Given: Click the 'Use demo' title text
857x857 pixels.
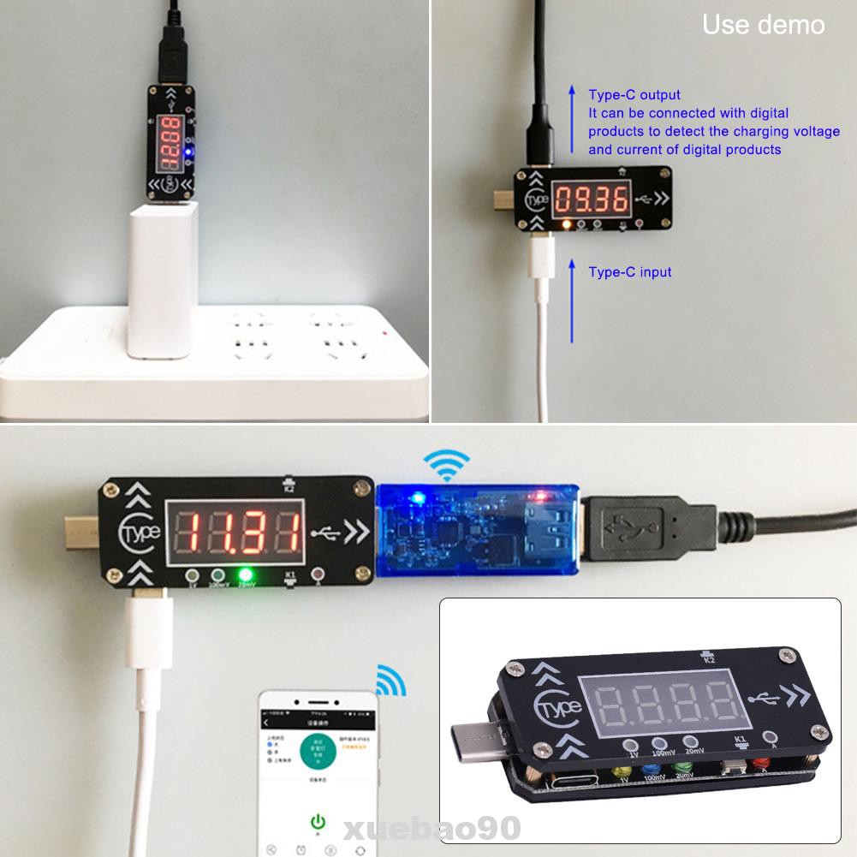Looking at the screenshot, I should pos(763,25).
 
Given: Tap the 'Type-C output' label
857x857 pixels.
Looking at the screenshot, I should pos(634,95).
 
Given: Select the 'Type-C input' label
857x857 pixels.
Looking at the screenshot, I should pos(629,272).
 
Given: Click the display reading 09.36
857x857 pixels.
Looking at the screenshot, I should pos(592,199).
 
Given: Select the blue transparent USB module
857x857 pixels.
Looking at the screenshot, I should pos(477,532).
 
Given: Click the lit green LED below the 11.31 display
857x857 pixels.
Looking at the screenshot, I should pos(247,575).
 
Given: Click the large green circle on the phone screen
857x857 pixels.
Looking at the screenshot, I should pos(317,746).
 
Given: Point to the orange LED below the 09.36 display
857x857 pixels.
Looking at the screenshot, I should pos(565,224).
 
